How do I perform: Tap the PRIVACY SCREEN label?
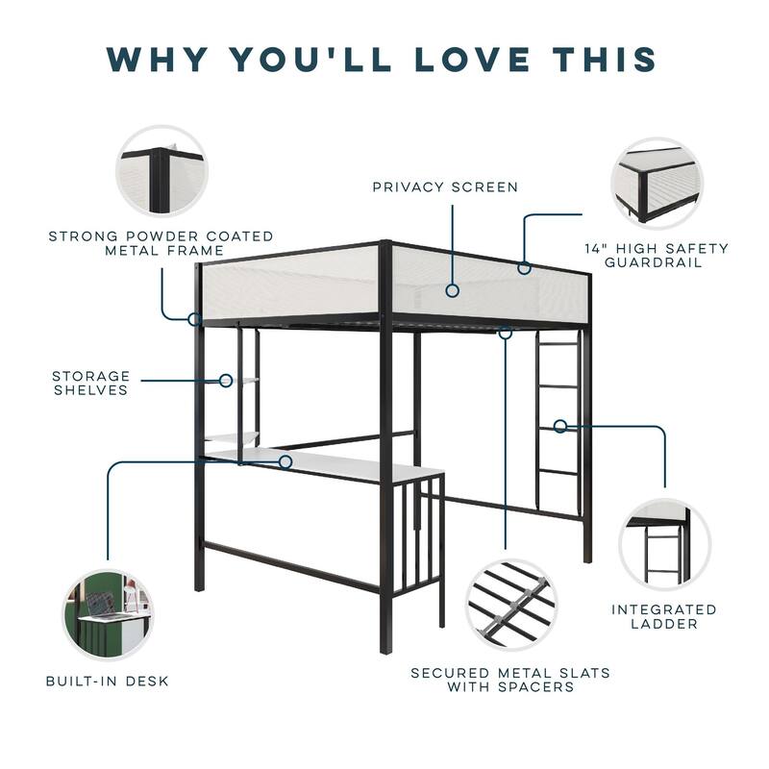tap(445, 186)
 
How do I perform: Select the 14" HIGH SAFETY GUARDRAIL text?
tap(657, 255)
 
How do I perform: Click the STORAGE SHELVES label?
tap(90, 383)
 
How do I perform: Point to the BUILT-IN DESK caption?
tap(108, 681)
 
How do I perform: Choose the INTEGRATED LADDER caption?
tap(664, 616)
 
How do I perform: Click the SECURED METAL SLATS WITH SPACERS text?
tap(510, 680)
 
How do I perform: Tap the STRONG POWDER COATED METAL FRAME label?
tap(161, 242)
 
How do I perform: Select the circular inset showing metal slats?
tap(510, 605)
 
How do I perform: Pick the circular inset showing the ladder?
tap(664, 544)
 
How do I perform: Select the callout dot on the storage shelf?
tap(226, 381)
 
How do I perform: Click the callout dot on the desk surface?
tap(285, 462)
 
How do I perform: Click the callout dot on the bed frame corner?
tap(194, 318)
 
